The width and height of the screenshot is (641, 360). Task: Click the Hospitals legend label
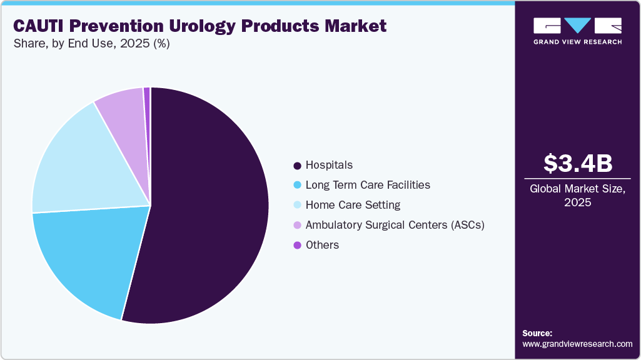[329, 165]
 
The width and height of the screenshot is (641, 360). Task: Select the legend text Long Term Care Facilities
[368, 185]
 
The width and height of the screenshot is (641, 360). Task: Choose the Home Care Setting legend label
[353, 205]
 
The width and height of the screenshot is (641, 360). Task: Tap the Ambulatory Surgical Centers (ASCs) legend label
[395, 225]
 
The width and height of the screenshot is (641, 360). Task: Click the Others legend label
[322, 245]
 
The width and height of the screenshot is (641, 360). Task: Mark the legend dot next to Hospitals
[297, 166]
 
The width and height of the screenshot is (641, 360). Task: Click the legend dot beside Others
[297, 245]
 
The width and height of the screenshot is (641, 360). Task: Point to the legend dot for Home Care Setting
[297, 205]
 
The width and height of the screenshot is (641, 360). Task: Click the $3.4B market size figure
[577, 163]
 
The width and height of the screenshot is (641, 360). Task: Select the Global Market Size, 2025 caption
[577, 195]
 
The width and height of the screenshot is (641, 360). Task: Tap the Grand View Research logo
[577, 31]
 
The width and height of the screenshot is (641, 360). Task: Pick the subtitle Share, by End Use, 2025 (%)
[91, 44]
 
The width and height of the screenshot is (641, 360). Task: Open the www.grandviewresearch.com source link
[577, 344]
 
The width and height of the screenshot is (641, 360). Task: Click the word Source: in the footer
[537, 333]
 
